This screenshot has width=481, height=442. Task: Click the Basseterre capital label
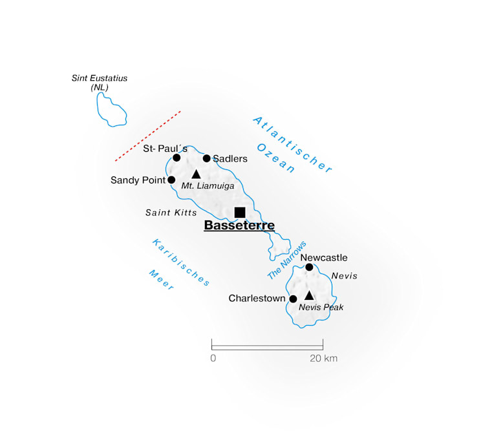[239, 226]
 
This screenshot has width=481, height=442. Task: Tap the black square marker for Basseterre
[240, 212]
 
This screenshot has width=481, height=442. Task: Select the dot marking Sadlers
[207, 158]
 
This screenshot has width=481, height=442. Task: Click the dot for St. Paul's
[176, 158]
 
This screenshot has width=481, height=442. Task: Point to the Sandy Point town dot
[171, 180]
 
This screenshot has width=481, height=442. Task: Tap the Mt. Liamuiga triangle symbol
[197, 174]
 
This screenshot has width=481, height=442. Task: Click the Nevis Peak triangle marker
[309, 296]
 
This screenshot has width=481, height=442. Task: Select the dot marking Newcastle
[309, 268]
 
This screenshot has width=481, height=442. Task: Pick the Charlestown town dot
[293, 299]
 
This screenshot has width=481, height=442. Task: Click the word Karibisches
[182, 262]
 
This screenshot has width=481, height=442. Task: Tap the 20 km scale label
[323, 359]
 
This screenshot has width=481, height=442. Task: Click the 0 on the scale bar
[213, 359]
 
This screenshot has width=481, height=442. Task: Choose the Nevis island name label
[344, 276]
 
